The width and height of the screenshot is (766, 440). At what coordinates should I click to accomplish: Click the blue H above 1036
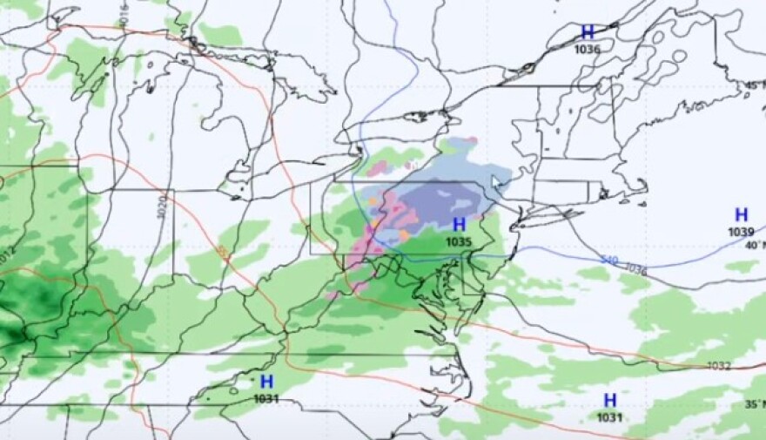[x=588, y=32]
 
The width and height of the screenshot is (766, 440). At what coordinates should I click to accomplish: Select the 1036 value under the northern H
[x=588, y=49]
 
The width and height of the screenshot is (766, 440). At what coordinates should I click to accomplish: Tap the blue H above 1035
[x=459, y=225]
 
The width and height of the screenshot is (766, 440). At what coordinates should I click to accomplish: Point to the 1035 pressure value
[x=459, y=241]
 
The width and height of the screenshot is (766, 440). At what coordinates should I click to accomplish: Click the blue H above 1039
[x=741, y=214]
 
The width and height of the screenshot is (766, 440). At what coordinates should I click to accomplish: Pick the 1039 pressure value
[x=741, y=231]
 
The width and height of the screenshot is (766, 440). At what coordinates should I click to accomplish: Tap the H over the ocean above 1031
[x=610, y=400]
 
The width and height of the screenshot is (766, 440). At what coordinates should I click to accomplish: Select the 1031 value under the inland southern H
[x=266, y=398]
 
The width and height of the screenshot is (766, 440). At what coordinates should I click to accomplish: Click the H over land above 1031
[x=266, y=382]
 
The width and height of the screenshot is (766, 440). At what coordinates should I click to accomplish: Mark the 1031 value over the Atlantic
[x=610, y=416]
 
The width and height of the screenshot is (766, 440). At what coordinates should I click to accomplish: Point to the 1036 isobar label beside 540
[x=636, y=270]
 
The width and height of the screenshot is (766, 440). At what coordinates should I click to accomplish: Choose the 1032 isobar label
[x=719, y=366]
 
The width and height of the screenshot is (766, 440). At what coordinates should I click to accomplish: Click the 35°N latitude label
[x=754, y=403]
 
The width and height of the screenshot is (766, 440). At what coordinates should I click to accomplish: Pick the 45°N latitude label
[x=754, y=85]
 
